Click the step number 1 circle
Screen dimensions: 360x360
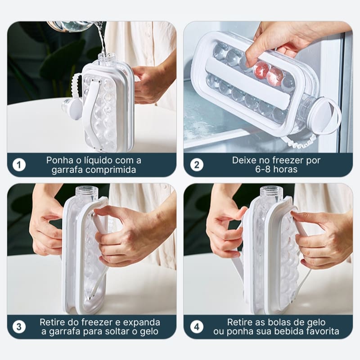(x=18, y=165)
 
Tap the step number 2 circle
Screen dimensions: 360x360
(x=197, y=165)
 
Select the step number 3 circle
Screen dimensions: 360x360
(x=18, y=327)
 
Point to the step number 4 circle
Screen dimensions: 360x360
(x=197, y=327)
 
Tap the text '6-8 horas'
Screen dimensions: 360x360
(x=276, y=170)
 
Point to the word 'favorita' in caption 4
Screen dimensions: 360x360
(x=323, y=332)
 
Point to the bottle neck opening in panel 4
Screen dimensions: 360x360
(x=271, y=192)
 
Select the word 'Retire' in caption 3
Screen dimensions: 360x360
(x=53, y=322)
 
